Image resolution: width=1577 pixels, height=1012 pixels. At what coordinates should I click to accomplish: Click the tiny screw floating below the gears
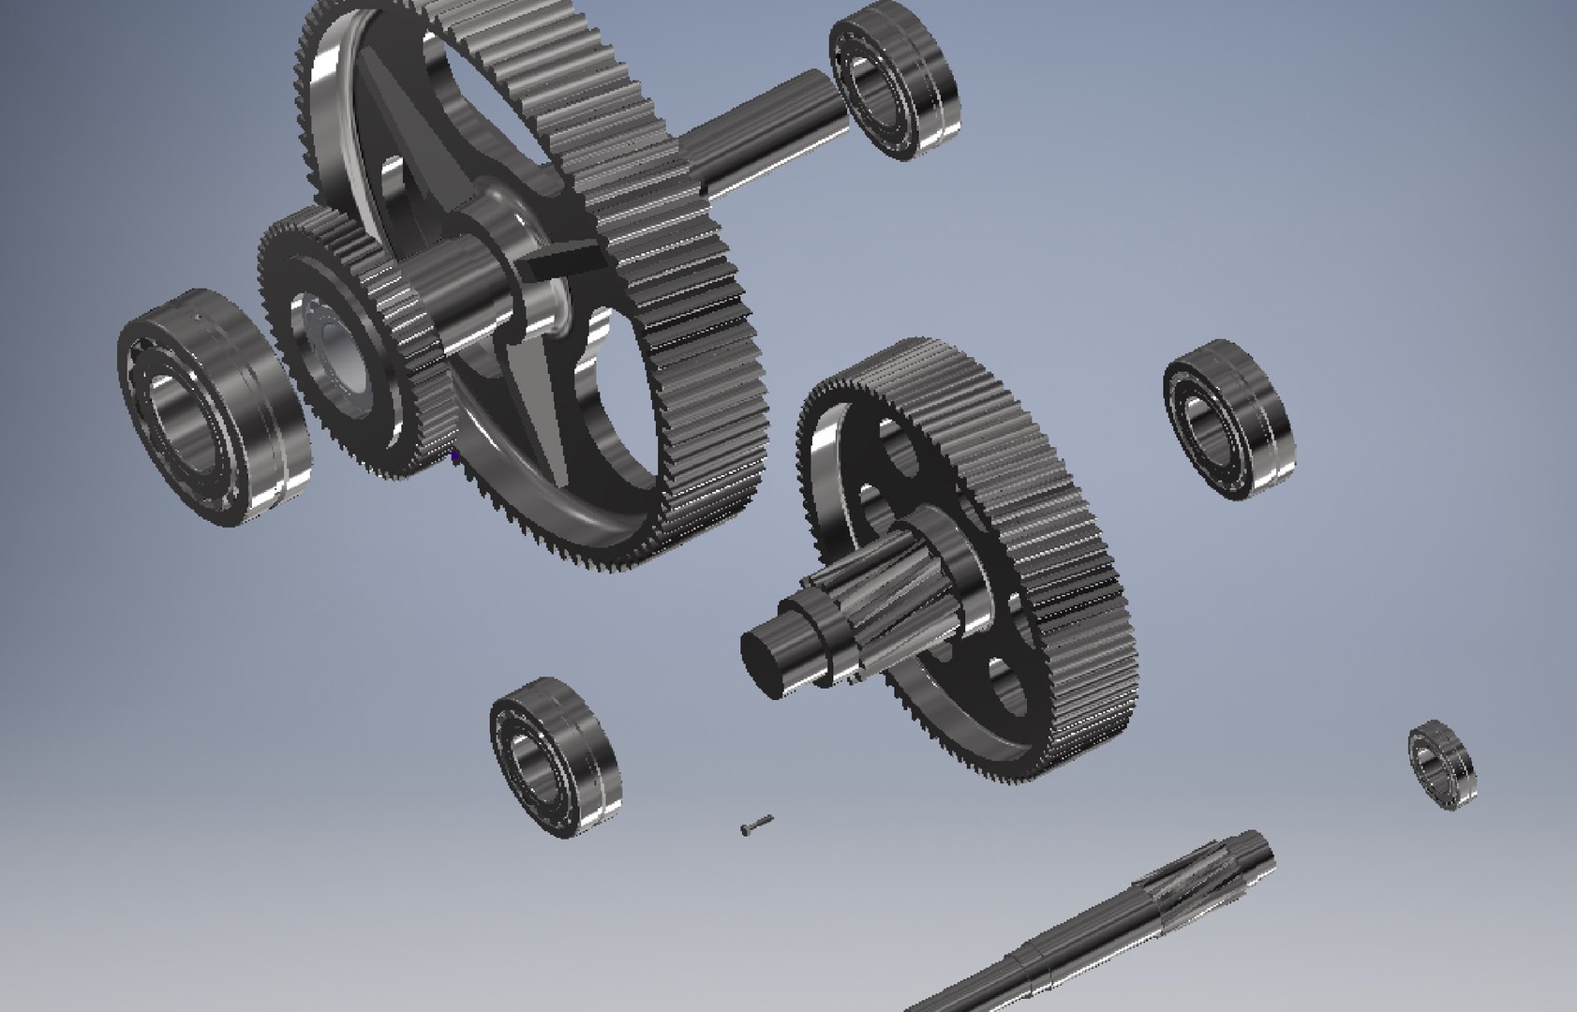[x=755, y=825]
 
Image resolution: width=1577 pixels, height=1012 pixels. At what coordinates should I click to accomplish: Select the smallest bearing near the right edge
[x=1442, y=765]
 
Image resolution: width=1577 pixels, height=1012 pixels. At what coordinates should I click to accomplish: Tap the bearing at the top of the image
[x=896, y=79]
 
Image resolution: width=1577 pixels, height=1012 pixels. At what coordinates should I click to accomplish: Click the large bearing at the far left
[x=214, y=408]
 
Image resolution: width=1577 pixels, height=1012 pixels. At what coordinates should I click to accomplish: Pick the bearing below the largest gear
[x=554, y=756]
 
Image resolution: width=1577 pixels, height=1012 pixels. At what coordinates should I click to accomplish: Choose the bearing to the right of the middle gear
[x=1227, y=419]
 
